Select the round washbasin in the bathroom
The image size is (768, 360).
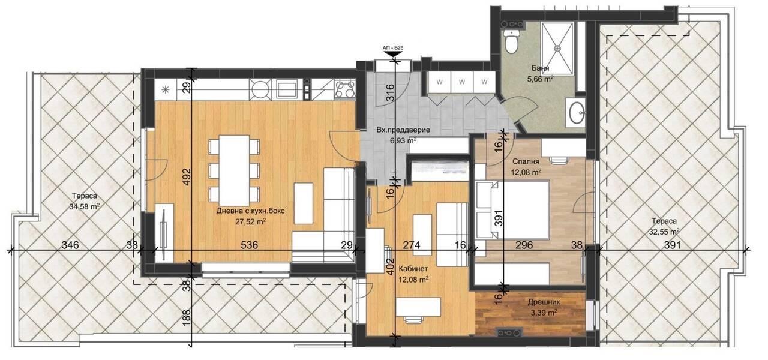[577, 112]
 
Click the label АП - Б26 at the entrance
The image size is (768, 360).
[393, 49]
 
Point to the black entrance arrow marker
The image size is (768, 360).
[393, 54]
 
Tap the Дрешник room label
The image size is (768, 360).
[544, 302]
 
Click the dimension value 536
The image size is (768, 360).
[249, 245]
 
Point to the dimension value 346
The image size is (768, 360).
[70, 245]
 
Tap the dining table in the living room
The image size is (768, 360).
[234, 170]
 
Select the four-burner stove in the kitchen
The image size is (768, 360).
[344, 89]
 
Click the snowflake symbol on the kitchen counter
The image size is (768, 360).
[166, 90]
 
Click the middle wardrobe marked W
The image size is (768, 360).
[462, 82]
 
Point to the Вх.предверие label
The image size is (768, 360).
[403, 130]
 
